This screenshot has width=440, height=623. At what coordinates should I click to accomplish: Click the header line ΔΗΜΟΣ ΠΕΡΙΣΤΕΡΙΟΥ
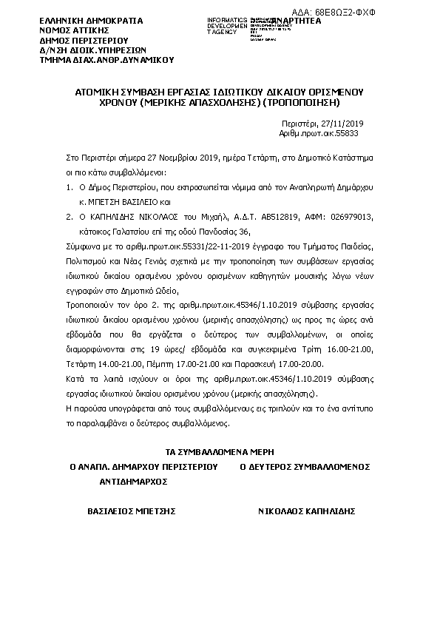pyautogui.click(x=86, y=40)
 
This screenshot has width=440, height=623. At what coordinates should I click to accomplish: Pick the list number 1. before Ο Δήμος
pyautogui.click(x=69, y=189)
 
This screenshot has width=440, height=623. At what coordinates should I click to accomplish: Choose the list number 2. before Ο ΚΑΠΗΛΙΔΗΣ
pyautogui.click(x=69, y=217)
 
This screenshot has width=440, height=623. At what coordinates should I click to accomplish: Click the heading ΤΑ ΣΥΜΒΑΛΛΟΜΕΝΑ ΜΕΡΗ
pyautogui.click(x=219, y=452)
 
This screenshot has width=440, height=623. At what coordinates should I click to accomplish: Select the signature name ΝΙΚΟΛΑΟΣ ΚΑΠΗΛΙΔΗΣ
pyautogui.click(x=308, y=511)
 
